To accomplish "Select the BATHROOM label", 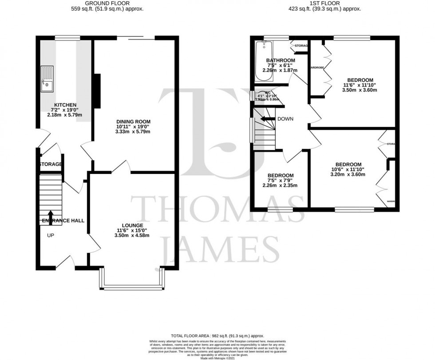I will coord(281,60).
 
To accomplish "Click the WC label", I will coord(267,92).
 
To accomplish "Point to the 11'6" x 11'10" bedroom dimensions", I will coord(360,85).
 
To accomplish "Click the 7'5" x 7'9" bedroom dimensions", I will coord(281,181).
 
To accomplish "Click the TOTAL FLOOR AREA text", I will coord(217,336).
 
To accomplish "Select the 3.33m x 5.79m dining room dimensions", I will coord(133,132).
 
